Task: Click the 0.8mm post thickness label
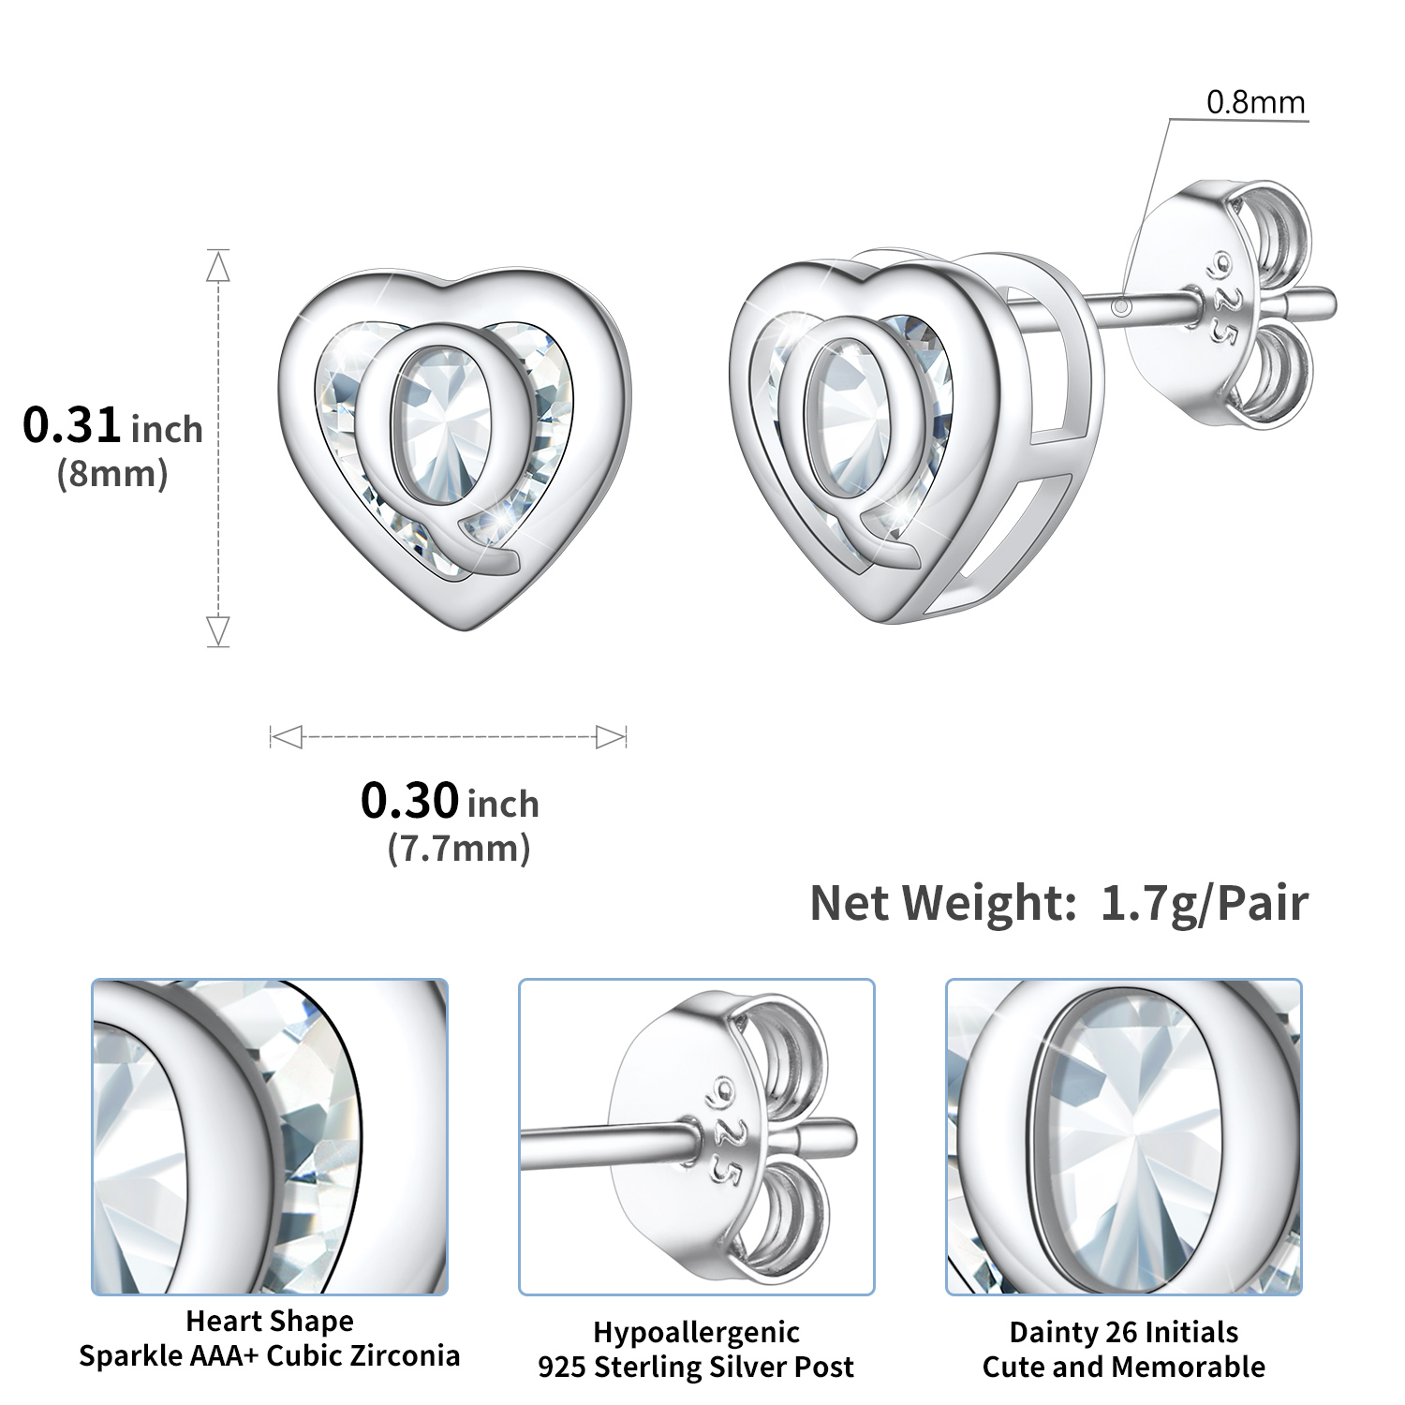[1255, 102]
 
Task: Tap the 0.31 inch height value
[112, 426]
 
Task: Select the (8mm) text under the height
[112, 474]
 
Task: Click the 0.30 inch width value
[450, 802]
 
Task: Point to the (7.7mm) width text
[459, 849]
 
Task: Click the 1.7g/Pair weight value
[1205, 903]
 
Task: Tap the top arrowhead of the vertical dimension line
[218, 267]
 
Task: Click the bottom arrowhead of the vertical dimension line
[218, 630]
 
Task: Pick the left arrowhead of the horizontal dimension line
[286, 737]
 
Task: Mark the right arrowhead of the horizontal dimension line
[611, 737]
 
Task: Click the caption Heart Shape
[270, 1321]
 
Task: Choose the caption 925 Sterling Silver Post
[696, 1367]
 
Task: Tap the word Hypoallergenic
[696, 1332]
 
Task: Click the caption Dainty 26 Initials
[1123, 1332]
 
